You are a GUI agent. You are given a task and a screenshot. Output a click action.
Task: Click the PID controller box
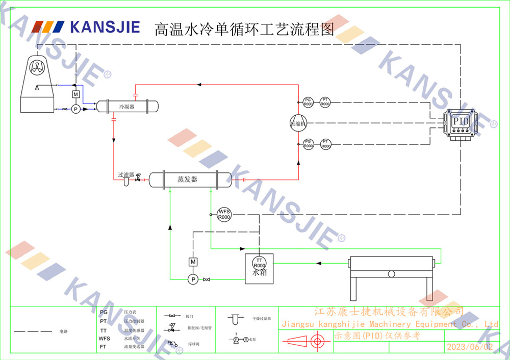461,122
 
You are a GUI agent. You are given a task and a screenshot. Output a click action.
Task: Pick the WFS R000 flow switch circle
224,214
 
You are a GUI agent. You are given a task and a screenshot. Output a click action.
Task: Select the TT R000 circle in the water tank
259,263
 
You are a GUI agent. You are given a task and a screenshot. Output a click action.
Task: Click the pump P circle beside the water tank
193,279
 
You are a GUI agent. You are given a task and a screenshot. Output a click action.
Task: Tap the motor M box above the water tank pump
193,262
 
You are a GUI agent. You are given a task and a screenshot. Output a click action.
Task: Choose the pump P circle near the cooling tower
75,109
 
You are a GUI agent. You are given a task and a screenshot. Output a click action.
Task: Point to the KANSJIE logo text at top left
105,27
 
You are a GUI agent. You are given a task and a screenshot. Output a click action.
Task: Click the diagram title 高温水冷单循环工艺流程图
244,30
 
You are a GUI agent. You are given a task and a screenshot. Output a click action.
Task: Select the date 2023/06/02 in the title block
470,347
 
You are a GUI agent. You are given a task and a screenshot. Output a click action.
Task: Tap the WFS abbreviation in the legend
104,339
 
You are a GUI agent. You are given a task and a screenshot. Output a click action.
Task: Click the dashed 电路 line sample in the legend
33,331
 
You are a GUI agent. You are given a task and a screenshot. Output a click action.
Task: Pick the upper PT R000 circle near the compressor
325,102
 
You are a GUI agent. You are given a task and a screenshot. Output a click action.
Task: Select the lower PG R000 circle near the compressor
308,144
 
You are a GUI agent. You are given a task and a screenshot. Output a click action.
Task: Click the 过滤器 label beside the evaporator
125,174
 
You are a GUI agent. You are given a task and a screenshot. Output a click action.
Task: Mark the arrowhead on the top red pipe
199,84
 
